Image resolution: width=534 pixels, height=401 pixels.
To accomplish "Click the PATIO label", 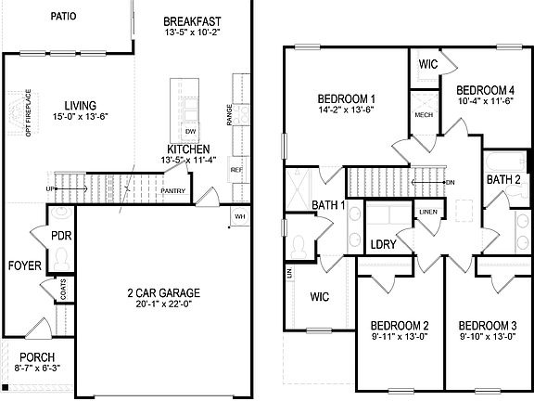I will click(x=63, y=16).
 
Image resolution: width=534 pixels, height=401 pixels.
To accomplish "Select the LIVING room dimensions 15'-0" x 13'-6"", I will click(x=82, y=117).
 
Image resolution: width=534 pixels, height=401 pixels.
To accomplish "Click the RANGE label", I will click(x=228, y=113).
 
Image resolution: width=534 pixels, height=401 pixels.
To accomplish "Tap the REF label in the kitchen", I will click(x=235, y=170).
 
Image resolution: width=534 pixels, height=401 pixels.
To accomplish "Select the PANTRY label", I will click(x=172, y=191).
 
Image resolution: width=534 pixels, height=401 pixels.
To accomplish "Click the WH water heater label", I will click(x=239, y=216).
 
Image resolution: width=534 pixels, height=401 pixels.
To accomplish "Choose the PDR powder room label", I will click(x=62, y=236).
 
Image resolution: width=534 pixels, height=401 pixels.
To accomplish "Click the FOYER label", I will click(x=24, y=265).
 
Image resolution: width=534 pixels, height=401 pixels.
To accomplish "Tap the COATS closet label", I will click(x=64, y=290).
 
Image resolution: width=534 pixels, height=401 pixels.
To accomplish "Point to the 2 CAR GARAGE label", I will click(x=163, y=293).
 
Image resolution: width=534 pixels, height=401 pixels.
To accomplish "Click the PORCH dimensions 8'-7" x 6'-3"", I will click(x=37, y=369).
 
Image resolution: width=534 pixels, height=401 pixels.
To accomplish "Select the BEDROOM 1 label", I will click(x=346, y=98).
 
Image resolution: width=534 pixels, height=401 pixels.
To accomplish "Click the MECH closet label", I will click(x=424, y=116).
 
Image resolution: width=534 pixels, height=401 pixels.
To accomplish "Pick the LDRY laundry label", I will click(x=383, y=244).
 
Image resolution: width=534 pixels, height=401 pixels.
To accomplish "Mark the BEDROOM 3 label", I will click(x=487, y=325).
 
